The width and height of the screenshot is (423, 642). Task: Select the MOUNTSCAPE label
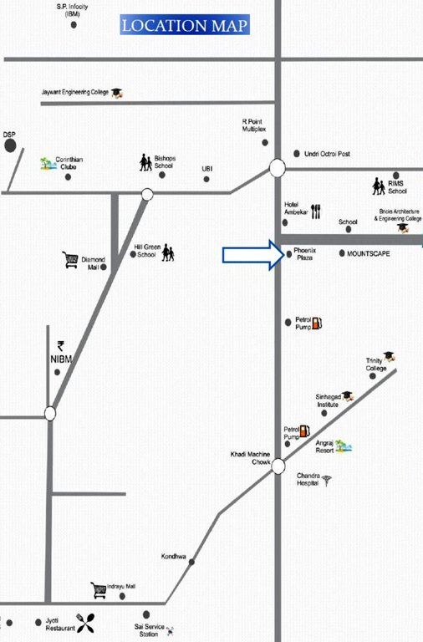pos(369,252)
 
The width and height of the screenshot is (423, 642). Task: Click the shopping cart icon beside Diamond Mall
pos(70,260)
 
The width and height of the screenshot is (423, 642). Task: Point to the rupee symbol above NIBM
pos(60,345)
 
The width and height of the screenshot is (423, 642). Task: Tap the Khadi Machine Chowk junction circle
pos(278,466)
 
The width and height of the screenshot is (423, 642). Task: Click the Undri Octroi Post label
pos(327,154)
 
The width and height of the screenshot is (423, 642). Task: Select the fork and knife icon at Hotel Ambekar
pos(316,211)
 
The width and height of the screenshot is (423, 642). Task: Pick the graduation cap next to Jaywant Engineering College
pos(117,92)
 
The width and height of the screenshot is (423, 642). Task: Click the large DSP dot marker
pos(10,146)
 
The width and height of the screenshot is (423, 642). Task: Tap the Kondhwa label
pos(173,556)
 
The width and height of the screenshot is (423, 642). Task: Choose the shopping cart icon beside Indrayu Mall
pos(99,590)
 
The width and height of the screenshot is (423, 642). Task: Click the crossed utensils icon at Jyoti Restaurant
pos(85,622)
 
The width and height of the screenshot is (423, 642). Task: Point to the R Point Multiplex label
pos(254,125)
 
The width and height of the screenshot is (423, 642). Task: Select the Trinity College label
pos(375,365)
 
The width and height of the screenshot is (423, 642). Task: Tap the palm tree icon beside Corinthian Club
pos(47,163)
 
